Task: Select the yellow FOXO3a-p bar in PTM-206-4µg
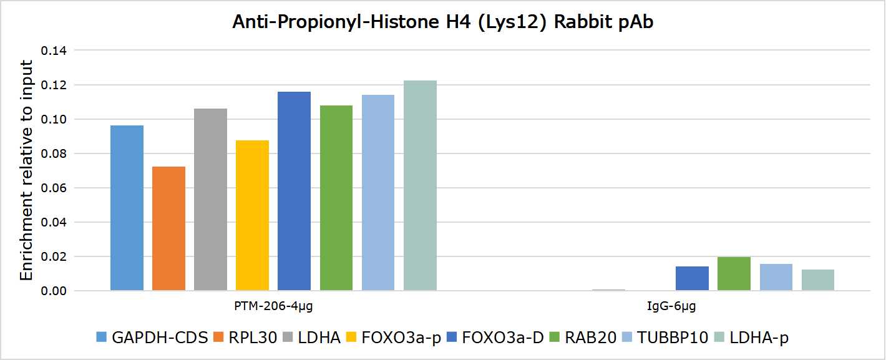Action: (252, 215)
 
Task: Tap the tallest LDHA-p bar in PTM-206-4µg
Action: (420, 185)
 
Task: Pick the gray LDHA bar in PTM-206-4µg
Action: (210, 200)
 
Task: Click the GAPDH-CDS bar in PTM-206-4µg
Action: (127, 208)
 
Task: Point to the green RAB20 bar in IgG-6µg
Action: (734, 274)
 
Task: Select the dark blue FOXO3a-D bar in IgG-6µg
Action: (692, 278)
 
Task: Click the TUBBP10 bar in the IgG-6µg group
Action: (776, 278)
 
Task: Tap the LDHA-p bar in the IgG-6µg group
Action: (817, 280)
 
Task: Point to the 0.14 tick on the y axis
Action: (54, 51)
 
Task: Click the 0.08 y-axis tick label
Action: (54, 153)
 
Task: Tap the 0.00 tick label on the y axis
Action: (54, 291)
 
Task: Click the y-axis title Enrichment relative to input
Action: (26, 170)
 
